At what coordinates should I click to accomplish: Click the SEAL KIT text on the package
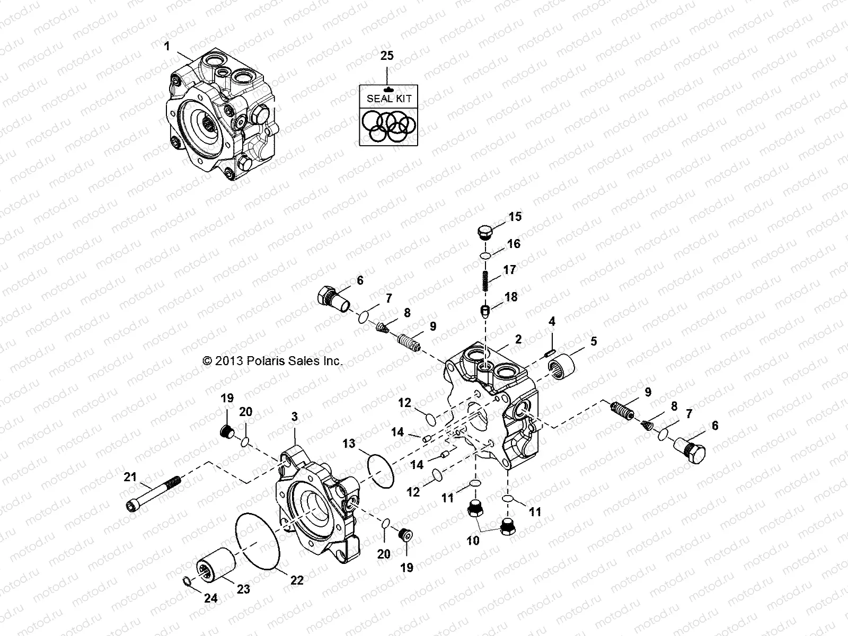[388, 98]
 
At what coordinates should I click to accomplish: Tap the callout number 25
[387, 56]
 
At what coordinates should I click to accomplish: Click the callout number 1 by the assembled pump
[167, 47]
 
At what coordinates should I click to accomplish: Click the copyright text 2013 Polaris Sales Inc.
[272, 361]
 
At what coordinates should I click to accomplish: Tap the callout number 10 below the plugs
[473, 541]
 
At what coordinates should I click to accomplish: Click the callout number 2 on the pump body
[518, 339]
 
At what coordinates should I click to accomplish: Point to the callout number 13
[348, 443]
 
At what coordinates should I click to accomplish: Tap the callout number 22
[297, 580]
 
